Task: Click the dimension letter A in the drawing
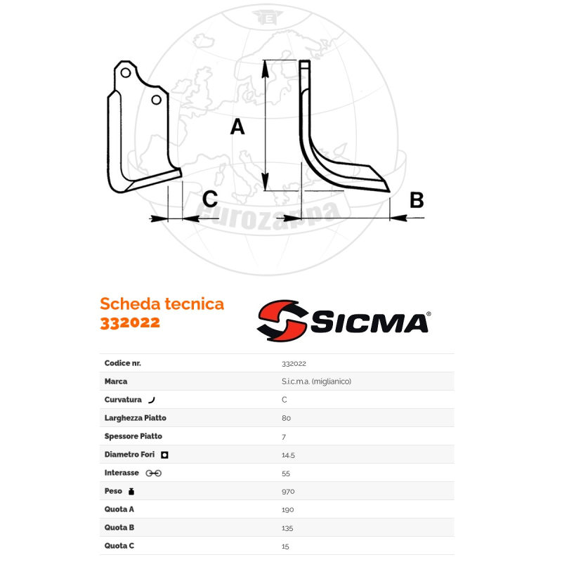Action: coord(237,127)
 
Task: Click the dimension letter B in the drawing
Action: coord(417,200)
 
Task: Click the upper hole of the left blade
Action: coord(124,73)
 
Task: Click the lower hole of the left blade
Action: coord(156,100)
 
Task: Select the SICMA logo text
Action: coord(369,322)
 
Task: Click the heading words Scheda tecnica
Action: coord(162,303)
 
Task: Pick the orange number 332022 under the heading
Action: coord(130,322)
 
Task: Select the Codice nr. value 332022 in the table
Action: coord(294,363)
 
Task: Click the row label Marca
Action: coord(116,381)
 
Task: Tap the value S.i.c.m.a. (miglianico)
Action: coord(316,381)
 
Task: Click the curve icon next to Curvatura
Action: coord(151,400)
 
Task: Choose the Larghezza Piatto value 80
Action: coord(286,418)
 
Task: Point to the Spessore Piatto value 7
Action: coord(284,436)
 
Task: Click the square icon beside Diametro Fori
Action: coord(164,455)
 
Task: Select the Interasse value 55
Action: coord(286,473)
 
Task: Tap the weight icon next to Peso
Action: coord(131,491)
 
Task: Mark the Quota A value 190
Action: coord(287,509)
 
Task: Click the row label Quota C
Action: coord(119,546)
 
